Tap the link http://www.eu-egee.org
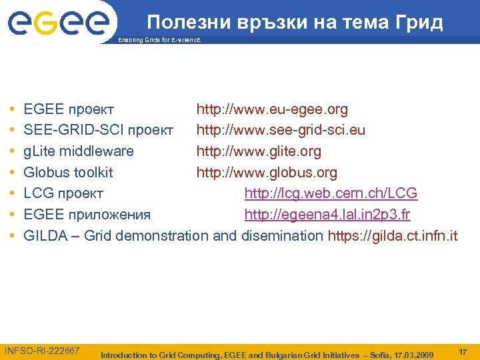[x=271, y=109]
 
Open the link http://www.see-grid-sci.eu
[x=280, y=129]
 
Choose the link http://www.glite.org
[x=258, y=151]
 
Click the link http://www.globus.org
[x=266, y=173]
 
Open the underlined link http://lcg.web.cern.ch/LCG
[x=331, y=193]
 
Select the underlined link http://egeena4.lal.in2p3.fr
[x=327, y=215]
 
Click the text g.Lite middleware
[x=79, y=151]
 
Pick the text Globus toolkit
[x=68, y=173]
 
